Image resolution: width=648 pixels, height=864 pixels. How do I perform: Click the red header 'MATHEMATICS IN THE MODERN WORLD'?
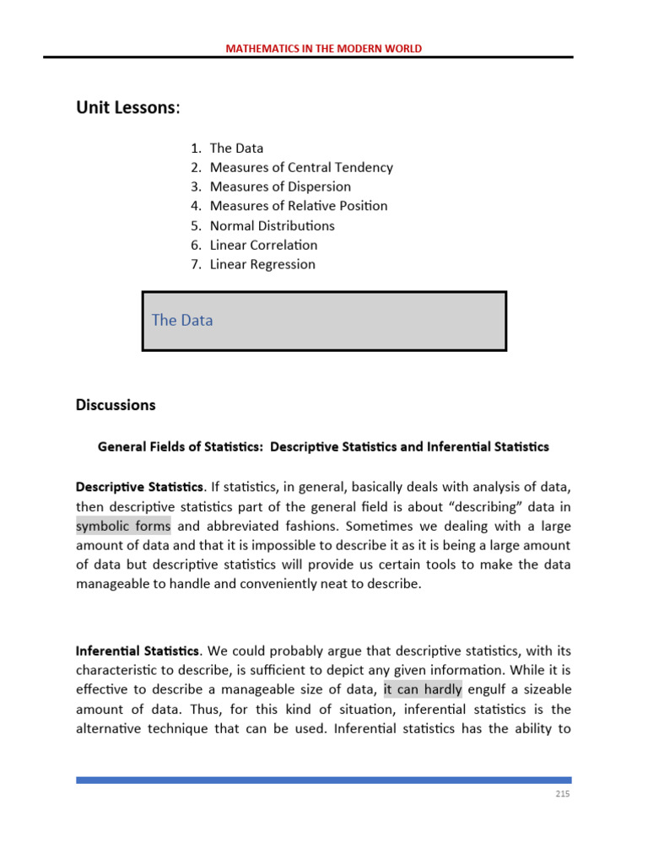323,48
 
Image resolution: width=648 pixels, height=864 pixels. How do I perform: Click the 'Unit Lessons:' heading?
128,108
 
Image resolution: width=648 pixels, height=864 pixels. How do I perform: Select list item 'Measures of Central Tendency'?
301,167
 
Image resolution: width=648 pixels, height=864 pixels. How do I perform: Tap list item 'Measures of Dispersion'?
280,186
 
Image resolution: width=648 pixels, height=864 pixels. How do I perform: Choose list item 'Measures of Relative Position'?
299,206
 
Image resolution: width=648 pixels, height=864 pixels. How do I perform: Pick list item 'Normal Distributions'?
272,225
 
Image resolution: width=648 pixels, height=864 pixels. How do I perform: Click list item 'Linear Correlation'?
263,245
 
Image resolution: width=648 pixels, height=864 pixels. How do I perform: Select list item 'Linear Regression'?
262,264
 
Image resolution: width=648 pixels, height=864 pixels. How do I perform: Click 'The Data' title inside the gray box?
182,321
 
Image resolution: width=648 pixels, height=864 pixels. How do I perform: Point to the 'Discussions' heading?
116,405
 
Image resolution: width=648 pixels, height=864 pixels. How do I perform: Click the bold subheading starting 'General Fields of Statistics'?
323,446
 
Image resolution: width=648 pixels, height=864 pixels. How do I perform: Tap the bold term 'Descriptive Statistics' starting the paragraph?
139,487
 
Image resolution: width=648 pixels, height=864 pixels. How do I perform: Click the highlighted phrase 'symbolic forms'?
123,526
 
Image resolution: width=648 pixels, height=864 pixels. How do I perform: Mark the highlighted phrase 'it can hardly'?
422,689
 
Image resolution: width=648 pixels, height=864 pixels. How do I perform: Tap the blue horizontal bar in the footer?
323,780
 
